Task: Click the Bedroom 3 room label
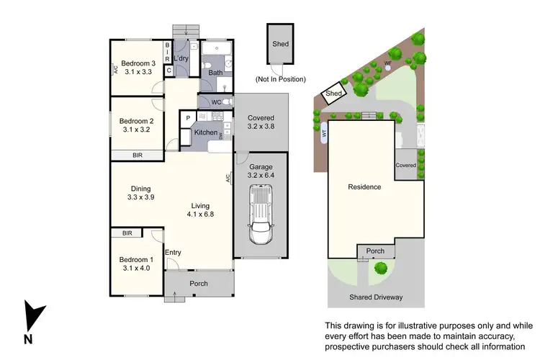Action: coord(137,63)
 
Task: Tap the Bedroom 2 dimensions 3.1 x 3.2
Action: coord(137,130)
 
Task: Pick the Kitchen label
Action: coord(206,133)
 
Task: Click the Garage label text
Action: coord(260,166)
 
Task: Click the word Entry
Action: coord(173,252)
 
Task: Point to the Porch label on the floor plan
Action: coord(199,284)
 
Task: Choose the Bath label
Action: coord(215,73)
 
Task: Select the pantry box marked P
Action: coord(188,117)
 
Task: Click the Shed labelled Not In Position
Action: coord(280,45)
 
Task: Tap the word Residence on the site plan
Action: coord(364,186)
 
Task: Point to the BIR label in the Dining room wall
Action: coord(137,155)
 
